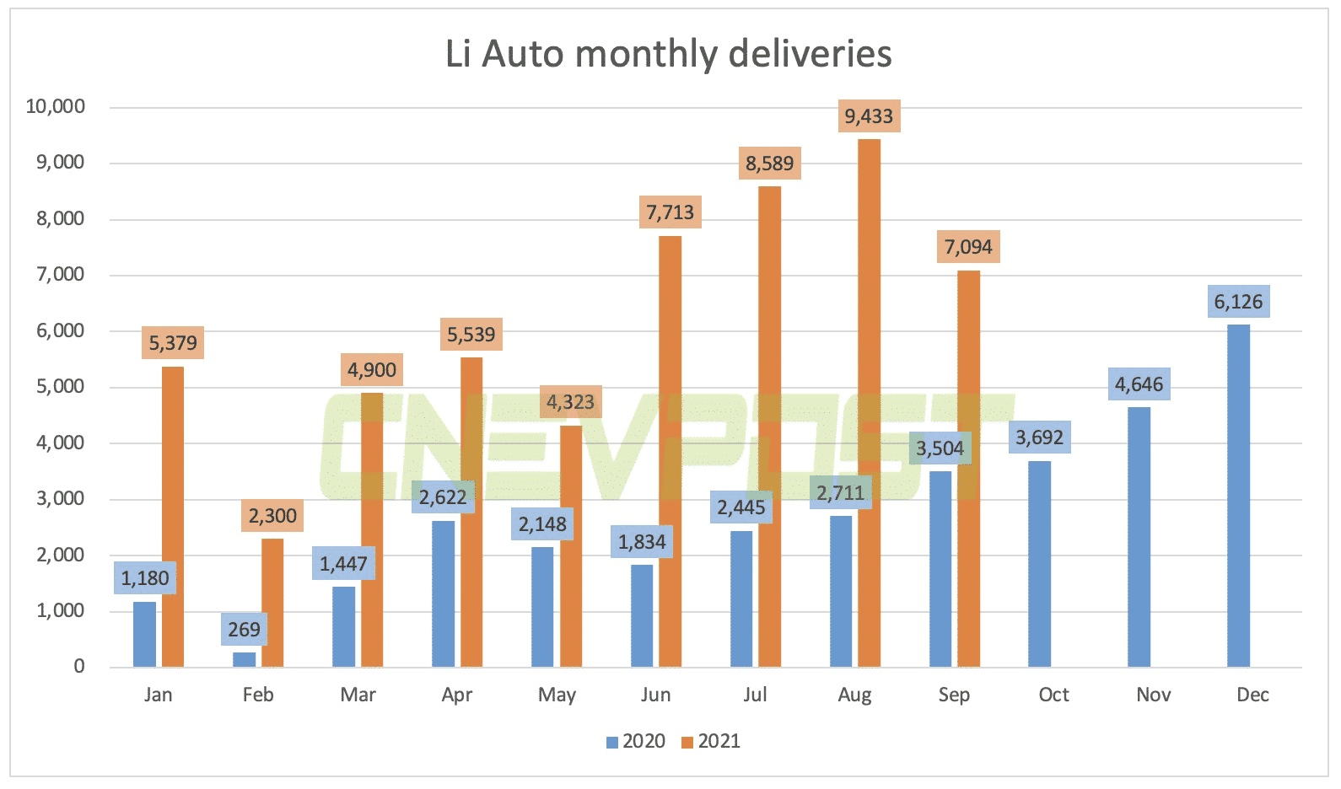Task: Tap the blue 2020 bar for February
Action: point(244,659)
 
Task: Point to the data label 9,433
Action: point(869,116)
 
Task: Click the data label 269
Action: point(244,630)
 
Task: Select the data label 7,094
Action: point(968,247)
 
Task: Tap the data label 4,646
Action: point(1139,384)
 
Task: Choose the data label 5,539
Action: point(471,335)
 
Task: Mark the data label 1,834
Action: point(642,542)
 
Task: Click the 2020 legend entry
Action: point(637,741)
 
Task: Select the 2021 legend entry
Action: point(711,741)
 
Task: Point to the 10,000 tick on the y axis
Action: point(56,106)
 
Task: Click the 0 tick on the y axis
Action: point(79,667)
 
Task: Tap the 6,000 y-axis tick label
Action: point(60,330)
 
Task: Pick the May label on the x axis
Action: point(557,695)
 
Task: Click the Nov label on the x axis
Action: point(1153,695)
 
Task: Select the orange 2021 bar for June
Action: point(670,451)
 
